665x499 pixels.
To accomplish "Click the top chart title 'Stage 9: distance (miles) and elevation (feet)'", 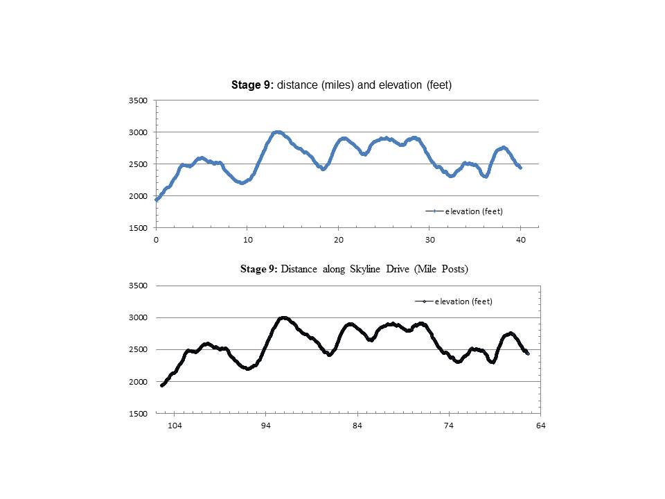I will click(341, 85).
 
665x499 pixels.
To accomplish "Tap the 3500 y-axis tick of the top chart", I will click(139, 100).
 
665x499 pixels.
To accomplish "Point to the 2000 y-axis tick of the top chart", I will click(139, 196).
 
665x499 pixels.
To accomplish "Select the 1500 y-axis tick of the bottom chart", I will click(139, 414).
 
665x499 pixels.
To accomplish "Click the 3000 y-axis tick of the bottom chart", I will click(139, 318).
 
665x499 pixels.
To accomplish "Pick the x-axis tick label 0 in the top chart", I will click(157, 240).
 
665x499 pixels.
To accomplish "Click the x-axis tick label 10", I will click(247, 240).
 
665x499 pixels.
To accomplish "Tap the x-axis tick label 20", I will click(338, 240).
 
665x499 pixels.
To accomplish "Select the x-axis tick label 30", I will click(429, 240).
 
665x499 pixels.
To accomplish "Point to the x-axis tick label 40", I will click(521, 240).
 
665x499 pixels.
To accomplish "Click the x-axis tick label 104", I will click(175, 426).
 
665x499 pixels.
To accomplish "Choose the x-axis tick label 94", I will click(266, 426).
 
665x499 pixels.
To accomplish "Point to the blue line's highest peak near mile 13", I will click(278, 132).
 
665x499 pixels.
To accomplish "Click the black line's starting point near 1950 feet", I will click(161, 385).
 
